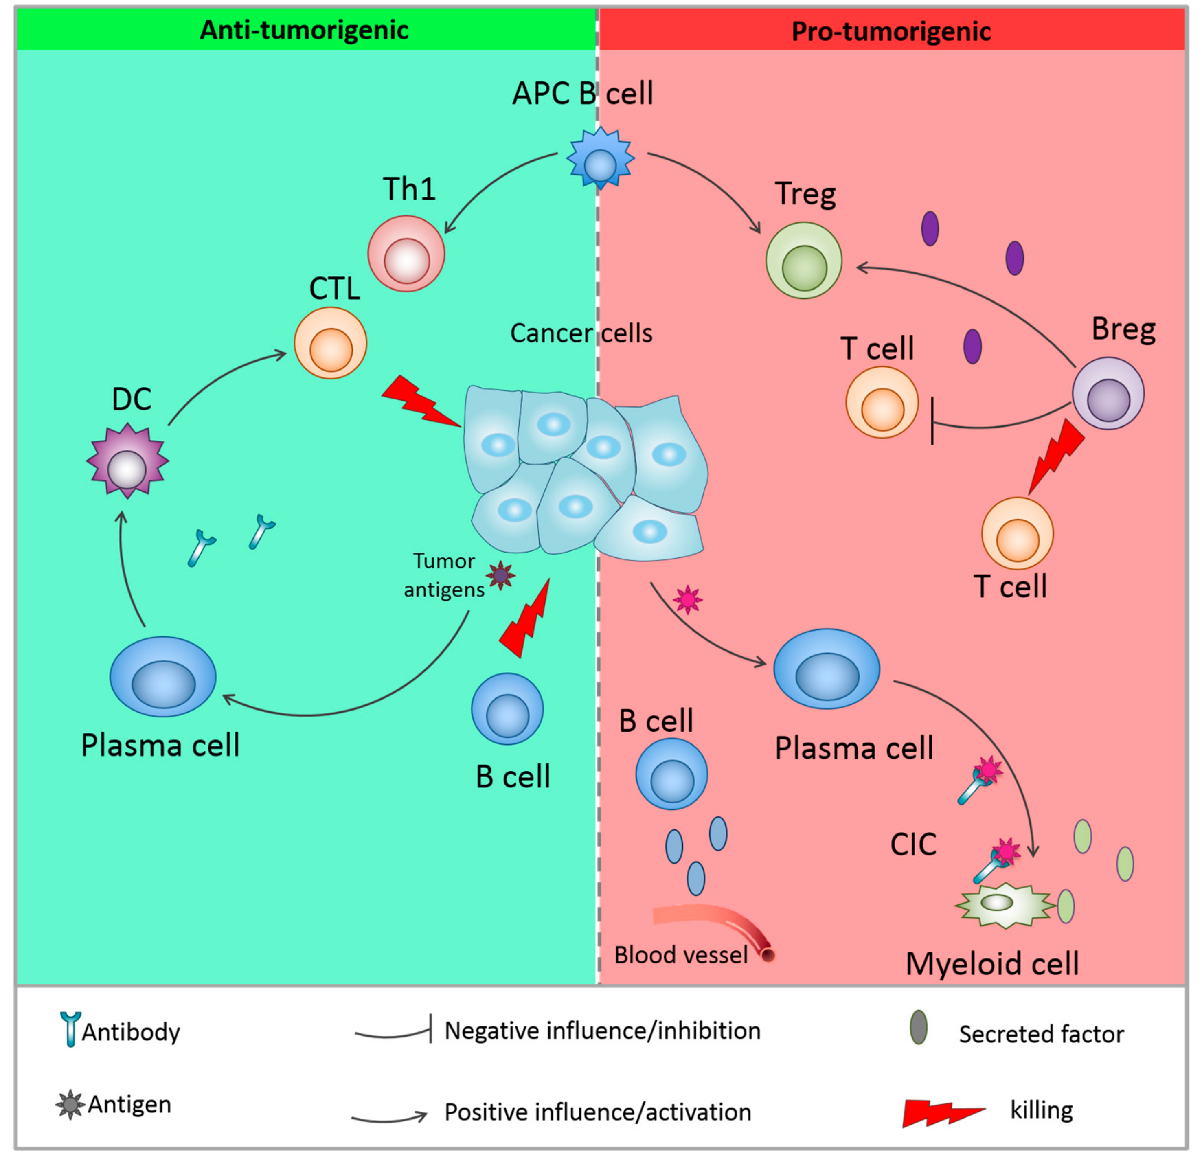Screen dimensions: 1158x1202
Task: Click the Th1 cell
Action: pyautogui.click(x=406, y=253)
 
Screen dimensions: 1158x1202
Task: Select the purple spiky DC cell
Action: pyautogui.click(x=127, y=461)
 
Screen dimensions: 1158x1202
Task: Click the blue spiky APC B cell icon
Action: pyautogui.click(x=600, y=160)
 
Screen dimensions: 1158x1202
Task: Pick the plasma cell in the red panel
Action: pyautogui.click(x=827, y=669)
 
